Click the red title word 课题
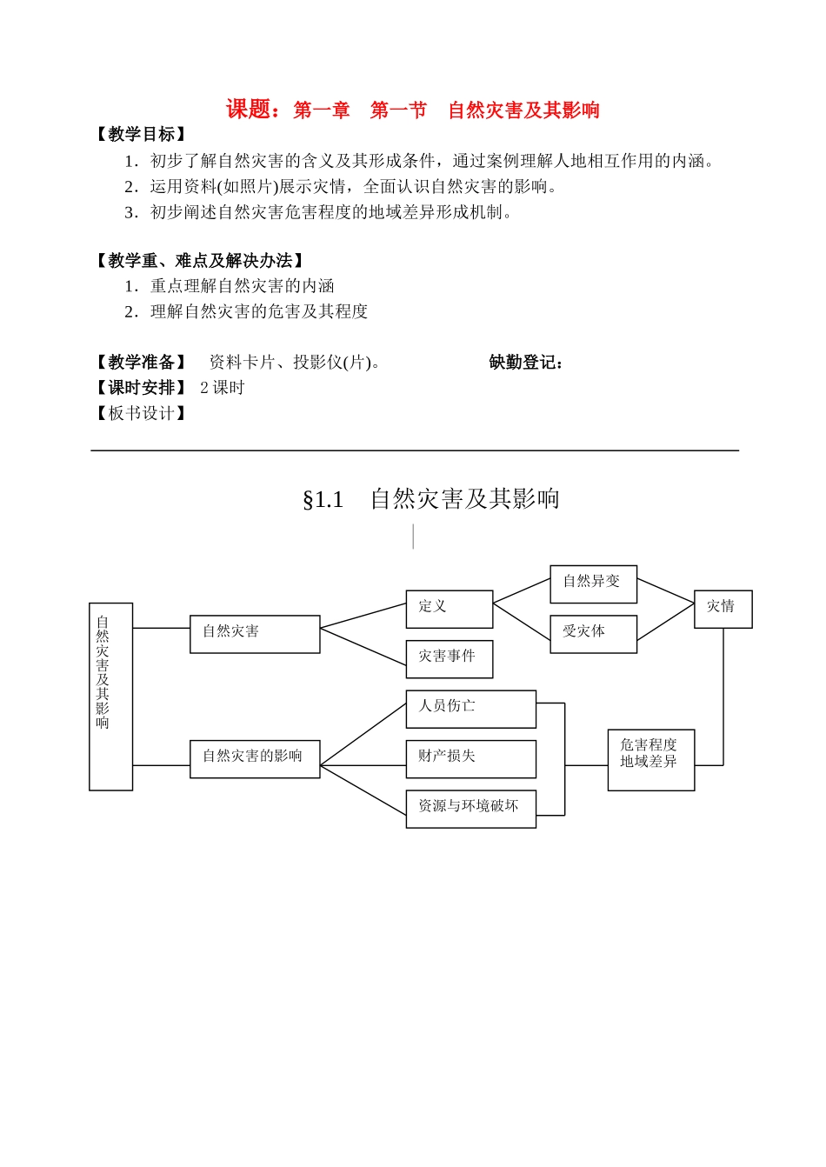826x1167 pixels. (248, 110)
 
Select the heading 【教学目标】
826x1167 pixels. (140, 134)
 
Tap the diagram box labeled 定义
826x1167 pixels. (449, 609)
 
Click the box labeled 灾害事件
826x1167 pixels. (449, 658)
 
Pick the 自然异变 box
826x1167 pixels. (593, 583)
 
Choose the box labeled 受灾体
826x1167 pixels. (593, 634)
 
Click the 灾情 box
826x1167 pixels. (723, 609)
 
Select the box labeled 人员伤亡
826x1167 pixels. (470, 709)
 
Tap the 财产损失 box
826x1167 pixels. (470, 758)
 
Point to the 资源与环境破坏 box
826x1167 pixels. (470, 808)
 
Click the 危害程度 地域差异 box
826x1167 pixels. (650, 759)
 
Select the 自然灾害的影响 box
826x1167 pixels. (255, 758)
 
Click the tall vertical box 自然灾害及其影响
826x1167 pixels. (110, 696)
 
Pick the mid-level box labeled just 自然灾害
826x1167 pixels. (255, 634)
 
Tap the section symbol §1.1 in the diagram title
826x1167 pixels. (323, 500)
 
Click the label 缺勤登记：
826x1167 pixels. (526, 363)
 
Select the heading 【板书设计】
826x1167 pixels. (140, 413)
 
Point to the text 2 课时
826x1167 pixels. (223, 388)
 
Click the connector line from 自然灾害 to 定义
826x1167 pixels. (363, 616)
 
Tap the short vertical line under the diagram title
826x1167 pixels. (413, 537)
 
